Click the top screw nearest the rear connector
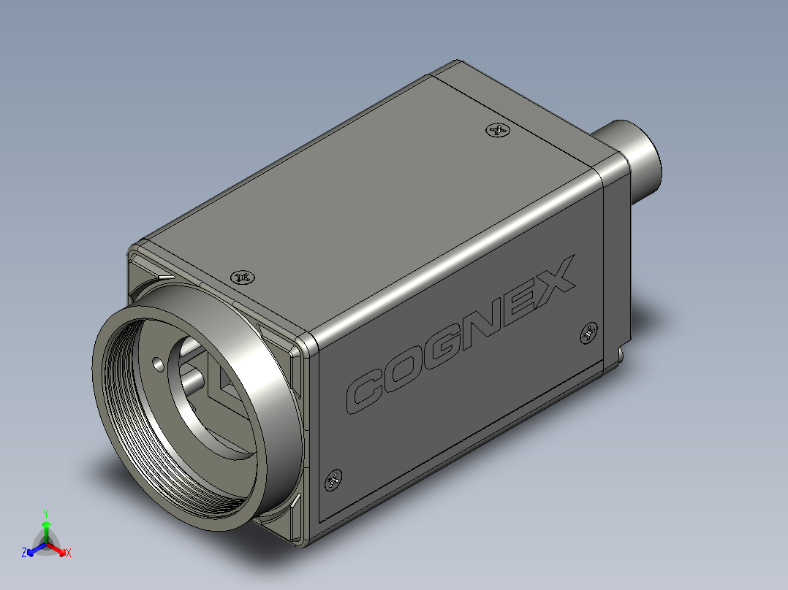pyautogui.click(x=497, y=131)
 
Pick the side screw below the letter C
pyautogui.click(x=333, y=480)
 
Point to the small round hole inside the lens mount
pyautogui.click(x=158, y=362)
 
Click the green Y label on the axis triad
pyautogui.click(x=45, y=513)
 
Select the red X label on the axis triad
pyautogui.click(x=68, y=553)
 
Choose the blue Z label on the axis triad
pyautogui.click(x=24, y=553)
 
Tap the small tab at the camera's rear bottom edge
pyautogui.click(x=620, y=354)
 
